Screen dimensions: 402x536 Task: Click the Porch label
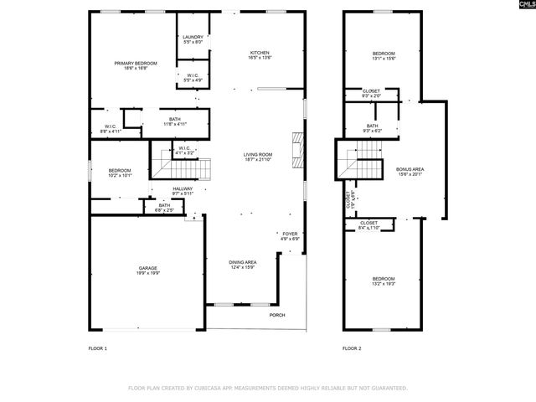(276, 315)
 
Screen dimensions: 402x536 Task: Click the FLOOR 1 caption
(98, 348)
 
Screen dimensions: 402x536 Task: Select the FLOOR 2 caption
(352, 348)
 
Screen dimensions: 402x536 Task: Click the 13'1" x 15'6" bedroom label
(383, 56)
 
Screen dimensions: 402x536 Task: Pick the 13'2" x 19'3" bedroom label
(383, 281)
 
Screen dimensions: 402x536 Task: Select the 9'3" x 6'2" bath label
(372, 128)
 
